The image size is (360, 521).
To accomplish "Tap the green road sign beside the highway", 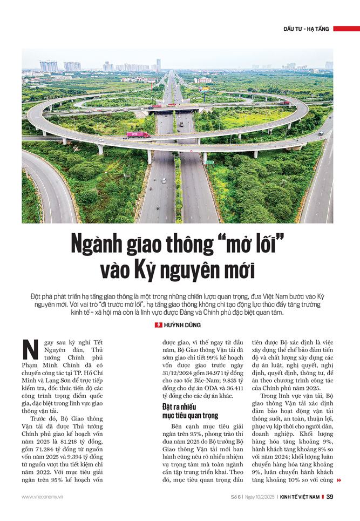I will point(205,161).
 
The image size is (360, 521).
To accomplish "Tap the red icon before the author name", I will point(158,325).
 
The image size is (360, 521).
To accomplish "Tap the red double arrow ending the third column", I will point(339,480).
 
